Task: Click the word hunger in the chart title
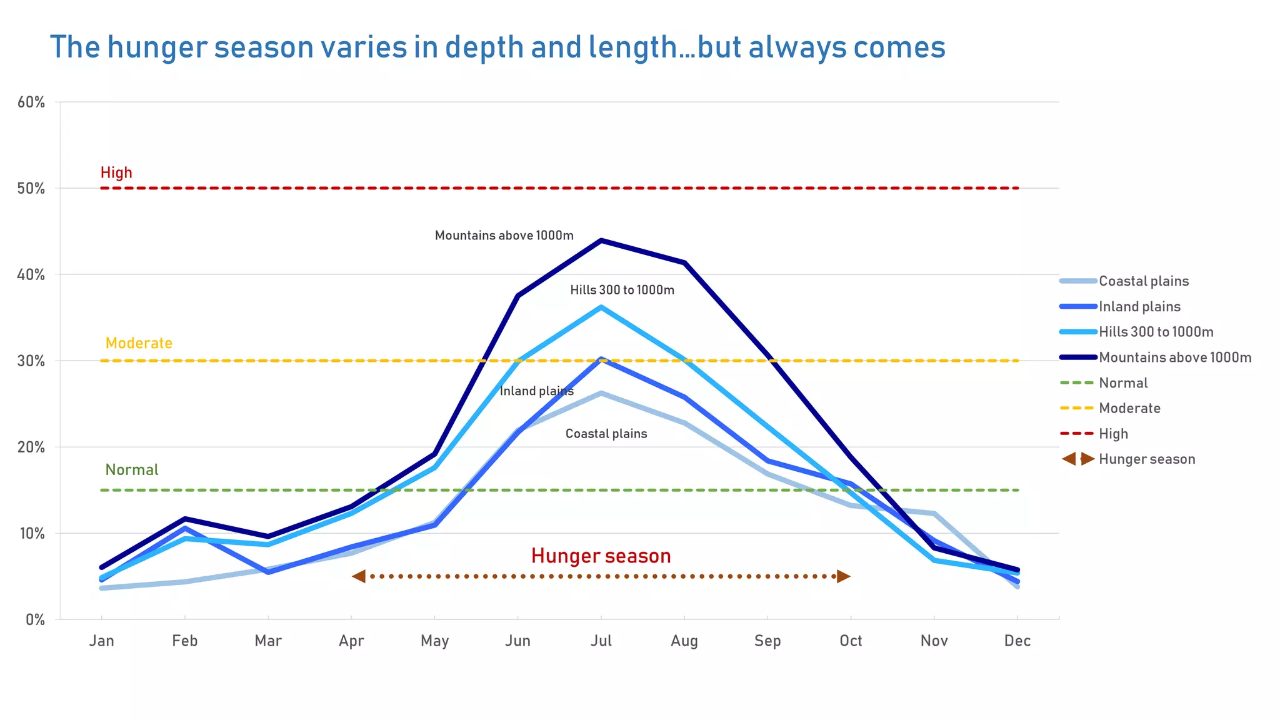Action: pyautogui.click(x=159, y=47)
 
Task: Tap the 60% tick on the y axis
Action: pyautogui.click(x=31, y=102)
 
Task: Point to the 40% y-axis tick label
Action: pyautogui.click(x=31, y=275)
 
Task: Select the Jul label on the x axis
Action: pyautogui.click(x=601, y=641)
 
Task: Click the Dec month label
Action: pyautogui.click(x=1017, y=641)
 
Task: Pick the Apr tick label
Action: pyautogui.click(x=351, y=641)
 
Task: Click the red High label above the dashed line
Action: pyautogui.click(x=116, y=172)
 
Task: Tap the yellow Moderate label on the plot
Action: pyautogui.click(x=139, y=343)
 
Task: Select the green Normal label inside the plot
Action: pyautogui.click(x=132, y=470)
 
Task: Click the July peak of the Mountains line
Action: pyautogui.click(x=601, y=241)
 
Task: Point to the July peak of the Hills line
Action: pyautogui.click(x=601, y=307)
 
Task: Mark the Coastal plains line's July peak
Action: pyautogui.click(x=601, y=393)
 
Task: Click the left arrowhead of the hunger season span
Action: pyautogui.click(x=359, y=576)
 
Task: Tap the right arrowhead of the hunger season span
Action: pyautogui.click(x=843, y=576)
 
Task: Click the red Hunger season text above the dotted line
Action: pyautogui.click(x=601, y=556)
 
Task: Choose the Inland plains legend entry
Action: pyautogui.click(x=1139, y=307)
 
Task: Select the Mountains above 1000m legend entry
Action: pyautogui.click(x=1174, y=357)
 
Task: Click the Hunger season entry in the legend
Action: pyautogui.click(x=1146, y=459)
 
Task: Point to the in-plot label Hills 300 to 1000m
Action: pyautogui.click(x=622, y=290)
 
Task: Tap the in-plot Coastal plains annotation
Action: pyautogui.click(x=606, y=434)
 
